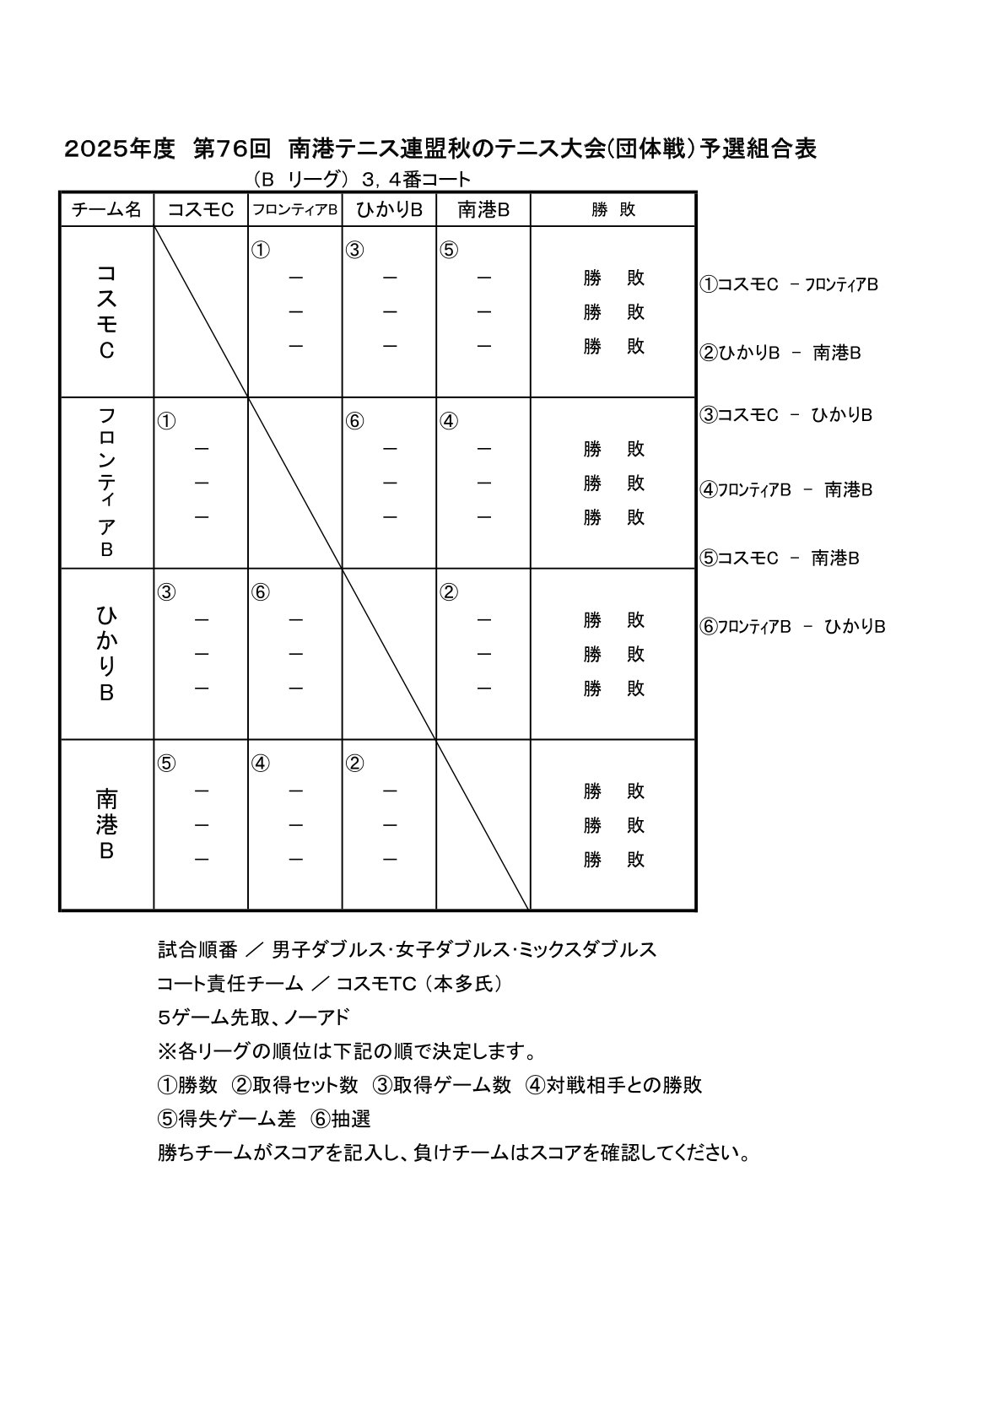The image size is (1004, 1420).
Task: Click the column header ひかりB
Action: (x=389, y=210)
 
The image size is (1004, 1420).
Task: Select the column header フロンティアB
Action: (x=295, y=210)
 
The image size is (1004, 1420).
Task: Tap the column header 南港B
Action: (x=483, y=210)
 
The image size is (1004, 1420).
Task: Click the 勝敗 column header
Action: (x=613, y=210)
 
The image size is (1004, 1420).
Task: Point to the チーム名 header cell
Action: (x=107, y=210)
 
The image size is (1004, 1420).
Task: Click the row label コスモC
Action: (x=107, y=312)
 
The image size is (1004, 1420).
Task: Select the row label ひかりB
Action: (x=107, y=654)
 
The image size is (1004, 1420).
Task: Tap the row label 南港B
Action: (x=107, y=824)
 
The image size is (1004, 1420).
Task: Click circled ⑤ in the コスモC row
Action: (x=449, y=251)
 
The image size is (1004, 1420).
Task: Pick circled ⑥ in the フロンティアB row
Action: (x=354, y=422)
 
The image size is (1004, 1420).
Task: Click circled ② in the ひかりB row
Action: (x=449, y=593)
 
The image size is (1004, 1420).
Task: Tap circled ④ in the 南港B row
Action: (x=261, y=764)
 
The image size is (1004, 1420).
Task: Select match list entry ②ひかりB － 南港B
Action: (x=780, y=353)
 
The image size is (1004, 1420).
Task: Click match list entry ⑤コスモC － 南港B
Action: (x=780, y=558)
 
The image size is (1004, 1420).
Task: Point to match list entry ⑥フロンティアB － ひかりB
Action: (x=792, y=626)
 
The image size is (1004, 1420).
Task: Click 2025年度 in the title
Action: (x=120, y=149)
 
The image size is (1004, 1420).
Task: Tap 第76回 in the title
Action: (x=232, y=149)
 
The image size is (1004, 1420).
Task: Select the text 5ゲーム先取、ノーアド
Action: (x=253, y=1018)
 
